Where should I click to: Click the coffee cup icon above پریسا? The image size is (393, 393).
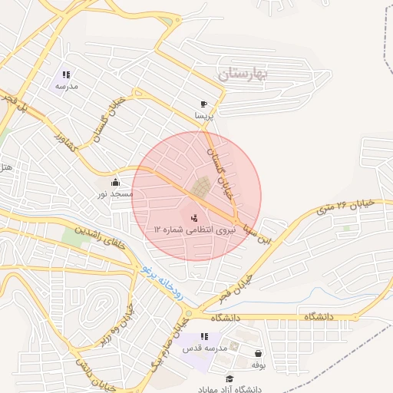203,104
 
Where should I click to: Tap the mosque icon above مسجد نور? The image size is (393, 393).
116,183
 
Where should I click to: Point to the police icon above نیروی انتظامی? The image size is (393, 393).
193,217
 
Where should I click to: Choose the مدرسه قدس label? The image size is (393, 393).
197,348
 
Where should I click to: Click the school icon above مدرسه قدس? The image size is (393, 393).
204,336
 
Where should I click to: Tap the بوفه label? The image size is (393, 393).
257,365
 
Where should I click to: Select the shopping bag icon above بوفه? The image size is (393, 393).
258,353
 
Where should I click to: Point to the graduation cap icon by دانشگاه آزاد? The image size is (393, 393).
229,379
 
